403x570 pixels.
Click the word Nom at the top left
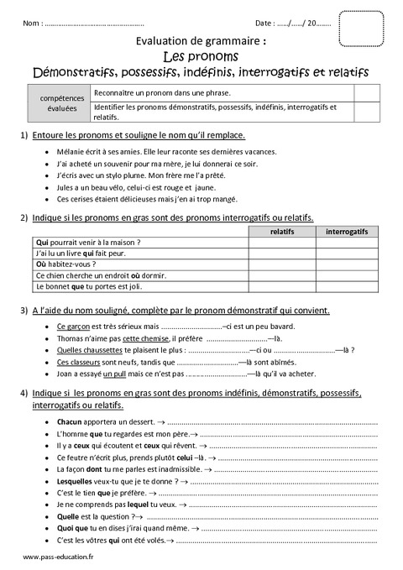click(32, 24)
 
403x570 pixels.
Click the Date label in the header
click(264, 24)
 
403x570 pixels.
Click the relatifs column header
click(282, 230)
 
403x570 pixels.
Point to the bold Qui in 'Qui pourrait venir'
click(42, 242)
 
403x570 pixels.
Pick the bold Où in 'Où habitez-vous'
click(42, 264)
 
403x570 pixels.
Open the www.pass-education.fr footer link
click(59, 558)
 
